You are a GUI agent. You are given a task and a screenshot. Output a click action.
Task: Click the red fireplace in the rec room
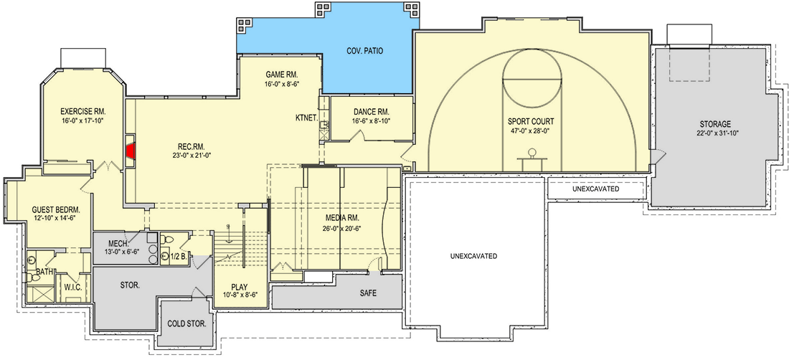pos(131,151)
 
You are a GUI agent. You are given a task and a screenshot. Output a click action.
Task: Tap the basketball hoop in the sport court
pos(532,153)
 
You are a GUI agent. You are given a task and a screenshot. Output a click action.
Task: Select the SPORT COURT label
pos(531,121)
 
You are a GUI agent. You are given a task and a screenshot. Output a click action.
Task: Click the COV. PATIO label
pos(364,52)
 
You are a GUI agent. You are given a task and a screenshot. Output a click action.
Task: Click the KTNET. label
pos(306,117)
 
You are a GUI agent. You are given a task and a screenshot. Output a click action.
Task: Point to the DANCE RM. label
pos(371,112)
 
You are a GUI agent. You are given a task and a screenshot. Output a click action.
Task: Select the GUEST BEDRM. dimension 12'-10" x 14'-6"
pos(54,220)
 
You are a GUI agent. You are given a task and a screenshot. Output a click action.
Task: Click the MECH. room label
pos(118,242)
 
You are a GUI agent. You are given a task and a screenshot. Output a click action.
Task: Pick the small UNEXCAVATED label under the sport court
pos(595,189)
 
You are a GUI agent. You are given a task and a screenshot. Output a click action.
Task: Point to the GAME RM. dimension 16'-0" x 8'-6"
pos(282,84)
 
